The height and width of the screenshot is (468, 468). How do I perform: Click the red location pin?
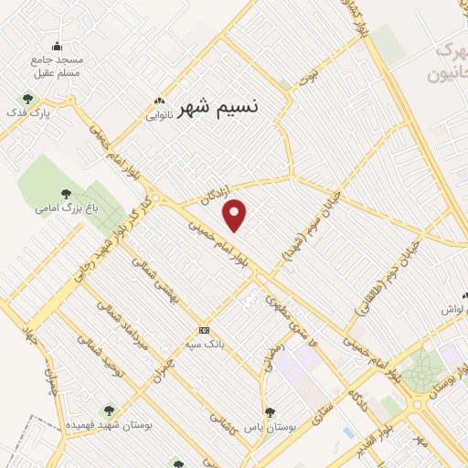235,215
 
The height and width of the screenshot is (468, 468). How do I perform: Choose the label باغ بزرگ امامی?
65,208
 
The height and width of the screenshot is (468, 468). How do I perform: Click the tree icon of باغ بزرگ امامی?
65,194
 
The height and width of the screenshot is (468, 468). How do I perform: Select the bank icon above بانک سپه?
203,329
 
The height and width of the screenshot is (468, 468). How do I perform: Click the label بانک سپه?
204,343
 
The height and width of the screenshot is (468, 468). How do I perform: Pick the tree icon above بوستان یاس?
270,412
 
